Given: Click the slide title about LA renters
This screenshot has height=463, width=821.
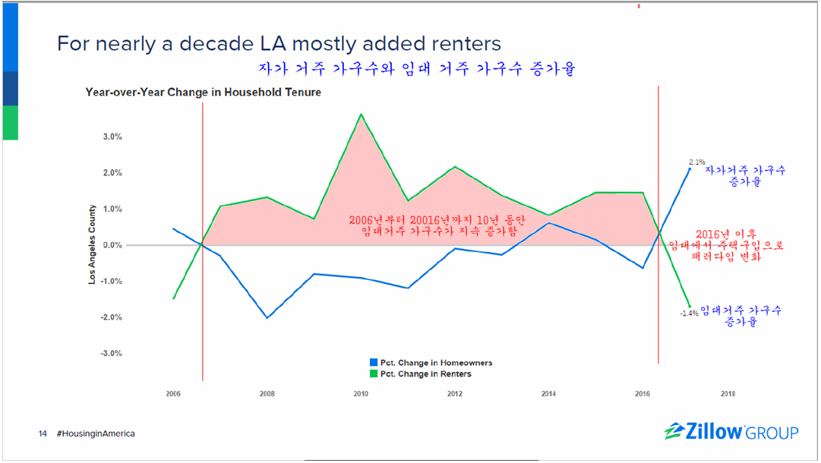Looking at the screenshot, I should coord(279,43).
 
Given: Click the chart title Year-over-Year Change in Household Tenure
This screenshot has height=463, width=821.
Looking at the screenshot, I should coord(203,93).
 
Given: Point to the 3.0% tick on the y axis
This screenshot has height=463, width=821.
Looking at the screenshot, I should coord(112,137).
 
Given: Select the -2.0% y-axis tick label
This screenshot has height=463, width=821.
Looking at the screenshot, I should coord(111,317).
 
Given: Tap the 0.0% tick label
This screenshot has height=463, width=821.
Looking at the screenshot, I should coord(112,245).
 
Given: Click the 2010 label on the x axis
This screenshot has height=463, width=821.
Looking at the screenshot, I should coord(361,394).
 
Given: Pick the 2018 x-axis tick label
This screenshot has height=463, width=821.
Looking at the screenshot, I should coord(727,394).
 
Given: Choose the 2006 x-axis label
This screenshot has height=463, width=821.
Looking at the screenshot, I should coord(173,394).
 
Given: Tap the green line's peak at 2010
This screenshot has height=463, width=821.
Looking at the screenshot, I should coord(362,115).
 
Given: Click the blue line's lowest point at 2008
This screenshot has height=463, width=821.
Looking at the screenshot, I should coord(267,317).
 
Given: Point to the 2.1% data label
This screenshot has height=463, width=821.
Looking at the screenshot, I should coord(696,162).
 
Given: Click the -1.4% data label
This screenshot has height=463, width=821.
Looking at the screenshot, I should coord(689,313).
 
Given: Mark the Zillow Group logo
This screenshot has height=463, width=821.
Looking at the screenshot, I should coord(731,432).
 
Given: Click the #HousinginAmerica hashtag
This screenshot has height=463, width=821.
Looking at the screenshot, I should coord(96,433).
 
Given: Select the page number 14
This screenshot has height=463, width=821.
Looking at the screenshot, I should coord(43,433).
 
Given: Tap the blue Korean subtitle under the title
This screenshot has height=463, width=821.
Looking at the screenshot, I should coord(416,70).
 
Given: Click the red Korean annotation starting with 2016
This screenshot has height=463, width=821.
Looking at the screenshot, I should coord(725,245).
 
